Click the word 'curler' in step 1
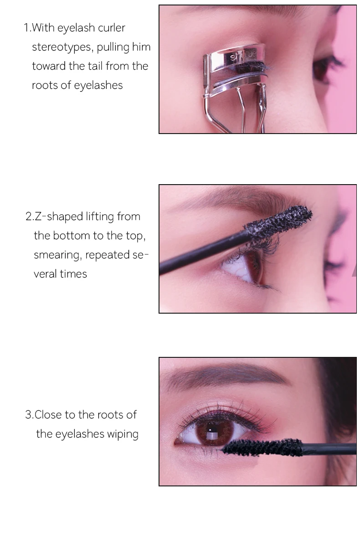click(x=111, y=28)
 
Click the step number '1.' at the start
click(x=28, y=28)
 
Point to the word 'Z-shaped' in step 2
click(x=58, y=217)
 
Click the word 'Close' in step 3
click(x=48, y=415)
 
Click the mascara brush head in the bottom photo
click(x=262, y=447)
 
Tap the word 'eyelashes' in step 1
click(x=98, y=86)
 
